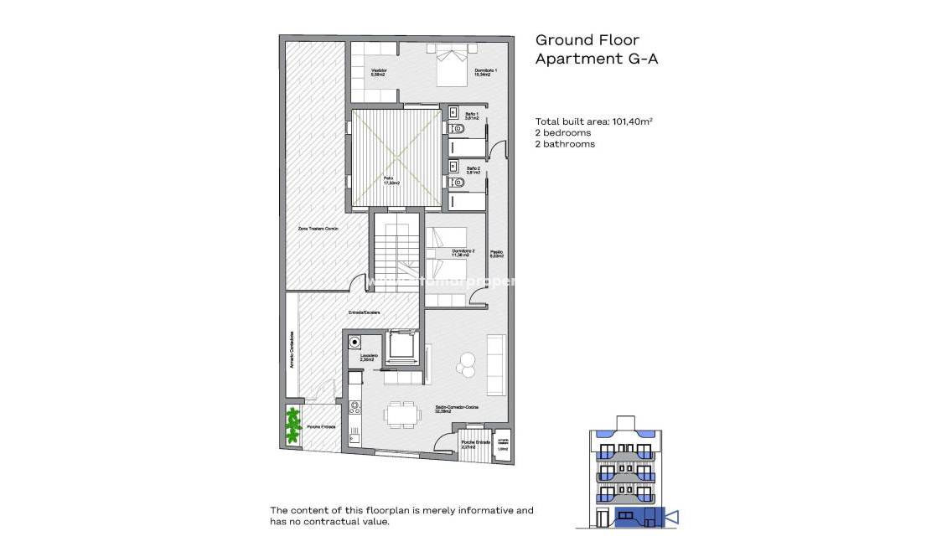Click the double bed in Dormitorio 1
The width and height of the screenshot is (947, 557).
[452, 66]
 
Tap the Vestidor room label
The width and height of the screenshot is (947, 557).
[379, 73]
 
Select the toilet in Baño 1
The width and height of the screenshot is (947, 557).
[457, 129]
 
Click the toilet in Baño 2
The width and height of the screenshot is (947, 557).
[457, 182]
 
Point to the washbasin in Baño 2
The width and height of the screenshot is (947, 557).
[453, 165]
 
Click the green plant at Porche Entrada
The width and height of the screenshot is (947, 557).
[292, 425]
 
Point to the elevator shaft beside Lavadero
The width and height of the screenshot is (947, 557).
[400, 345]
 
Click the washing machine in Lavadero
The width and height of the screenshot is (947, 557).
[355, 342]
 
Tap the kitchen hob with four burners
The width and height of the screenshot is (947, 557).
[354, 407]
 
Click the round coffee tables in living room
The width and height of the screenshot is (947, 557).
[465, 364]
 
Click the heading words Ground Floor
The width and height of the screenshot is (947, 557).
[587, 39]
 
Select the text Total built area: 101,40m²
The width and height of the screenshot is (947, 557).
[593, 121]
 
